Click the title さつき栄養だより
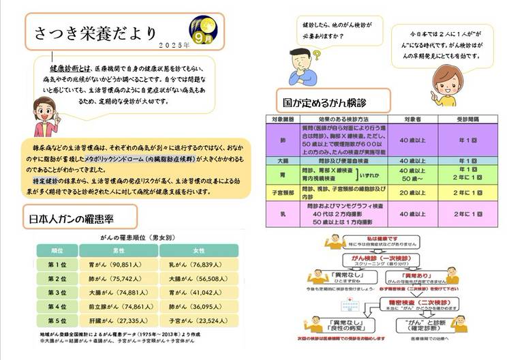pyautogui.click(x=95, y=33)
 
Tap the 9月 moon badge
pyautogui.click(x=203, y=29)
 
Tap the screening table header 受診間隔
pyautogui.click(x=467, y=119)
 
